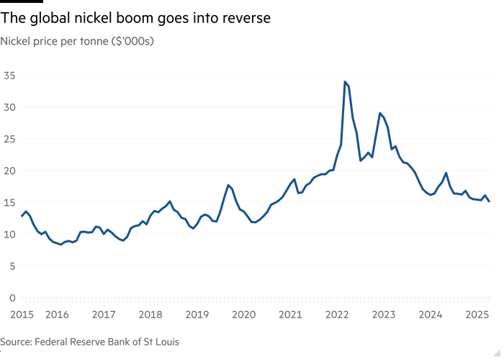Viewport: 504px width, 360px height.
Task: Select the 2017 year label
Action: pyautogui.click(x=104, y=315)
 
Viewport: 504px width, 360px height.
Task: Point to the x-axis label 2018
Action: pyautogui.click(x=150, y=315)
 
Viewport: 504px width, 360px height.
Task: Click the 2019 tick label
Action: pyautogui.click(x=197, y=315)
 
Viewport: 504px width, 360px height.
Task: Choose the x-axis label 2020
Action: pyautogui.click(x=243, y=315)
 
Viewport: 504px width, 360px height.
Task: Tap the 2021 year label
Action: pyautogui.click(x=289, y=315)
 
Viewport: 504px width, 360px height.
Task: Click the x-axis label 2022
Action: pyautogui.click(x=336, y=315)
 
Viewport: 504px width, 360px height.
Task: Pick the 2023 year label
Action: pyautogui.click(x=383, y=315)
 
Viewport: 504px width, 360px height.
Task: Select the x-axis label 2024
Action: pyautogui.click(x=430, y=315)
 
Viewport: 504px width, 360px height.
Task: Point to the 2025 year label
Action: pyautogui.click(x=476, y=315)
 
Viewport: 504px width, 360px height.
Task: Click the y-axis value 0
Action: pyautogui.click(x=12, y=297)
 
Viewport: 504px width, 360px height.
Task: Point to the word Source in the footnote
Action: pyautogui.click(x=16, y=341)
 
